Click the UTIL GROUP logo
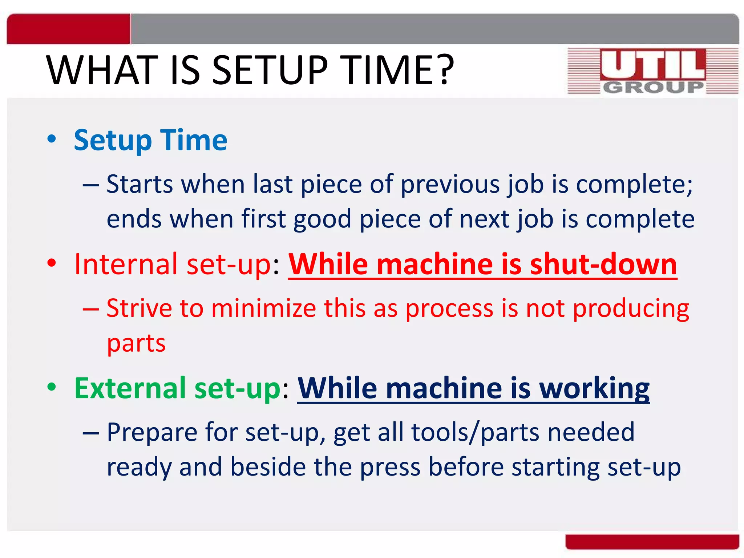coord(653,71)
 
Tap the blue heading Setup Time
coord(150,140)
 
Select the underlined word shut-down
coord(603,264)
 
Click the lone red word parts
coord(136,343)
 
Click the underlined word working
coord(594,388)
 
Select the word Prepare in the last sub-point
coord(152,432)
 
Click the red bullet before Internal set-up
coord(52,263)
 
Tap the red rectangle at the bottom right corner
coord(652,542)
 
